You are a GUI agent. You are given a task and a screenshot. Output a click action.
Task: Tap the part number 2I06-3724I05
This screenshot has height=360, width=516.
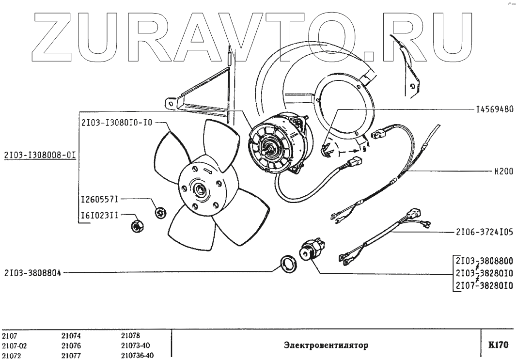484,233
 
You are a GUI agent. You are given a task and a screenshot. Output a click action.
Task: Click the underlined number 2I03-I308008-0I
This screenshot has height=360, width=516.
40,156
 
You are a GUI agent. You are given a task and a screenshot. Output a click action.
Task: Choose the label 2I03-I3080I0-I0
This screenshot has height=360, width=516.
117,123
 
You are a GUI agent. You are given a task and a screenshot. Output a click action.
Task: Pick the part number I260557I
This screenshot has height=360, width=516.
99,199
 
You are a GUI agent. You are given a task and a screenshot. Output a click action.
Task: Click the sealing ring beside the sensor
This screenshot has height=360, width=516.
290,264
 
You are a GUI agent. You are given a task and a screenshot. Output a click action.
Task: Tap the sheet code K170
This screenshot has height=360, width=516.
499,345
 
